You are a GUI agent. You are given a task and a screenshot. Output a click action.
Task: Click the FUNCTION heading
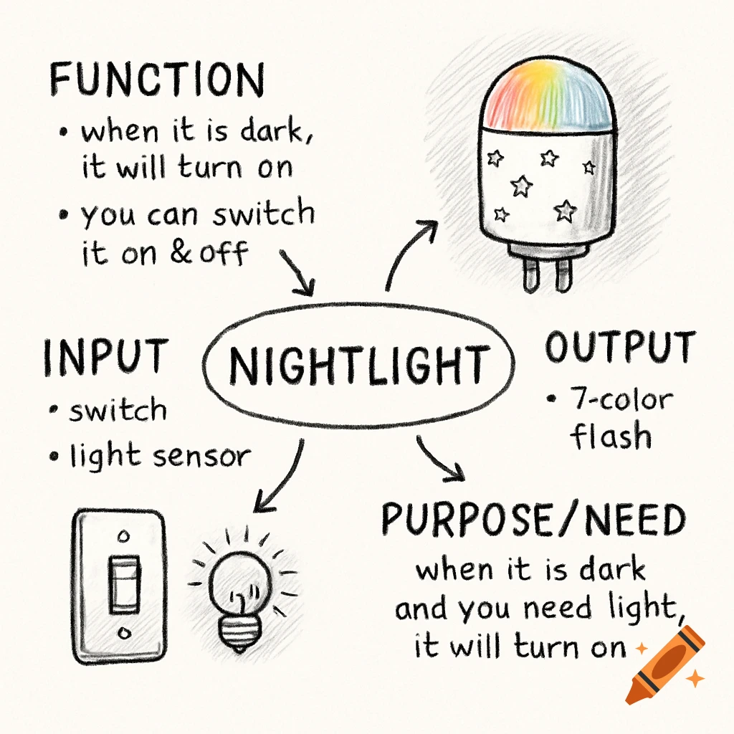(x=157, y=80)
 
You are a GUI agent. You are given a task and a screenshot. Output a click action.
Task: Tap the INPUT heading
(x=105, y=356)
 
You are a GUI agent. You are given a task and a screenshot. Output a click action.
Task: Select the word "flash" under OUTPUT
(x=611, y=436)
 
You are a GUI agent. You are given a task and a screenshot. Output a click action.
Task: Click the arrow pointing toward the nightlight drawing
(x=411, y=251)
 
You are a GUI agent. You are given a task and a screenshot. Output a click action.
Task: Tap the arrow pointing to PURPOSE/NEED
(x=439, y=458)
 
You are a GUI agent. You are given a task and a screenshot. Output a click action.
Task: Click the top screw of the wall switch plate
(x=122, y=535)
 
